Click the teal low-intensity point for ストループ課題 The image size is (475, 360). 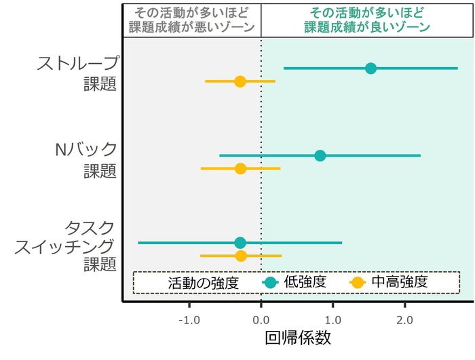tap(370, 68)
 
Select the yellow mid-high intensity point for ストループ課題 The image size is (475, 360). tap(240, 81)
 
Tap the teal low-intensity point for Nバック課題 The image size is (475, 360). tap(320, 155)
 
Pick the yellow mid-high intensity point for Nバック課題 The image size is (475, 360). tap(240, 168)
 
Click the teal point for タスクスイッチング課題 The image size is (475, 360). tap(240, 243)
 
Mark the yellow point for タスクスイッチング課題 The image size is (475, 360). tap(241, 256)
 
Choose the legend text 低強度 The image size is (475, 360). tap(305, 282)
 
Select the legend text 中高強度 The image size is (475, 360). tap(399, 282)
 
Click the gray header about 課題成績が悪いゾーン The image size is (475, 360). tap(191, 20)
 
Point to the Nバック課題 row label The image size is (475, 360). tap(85, 159)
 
